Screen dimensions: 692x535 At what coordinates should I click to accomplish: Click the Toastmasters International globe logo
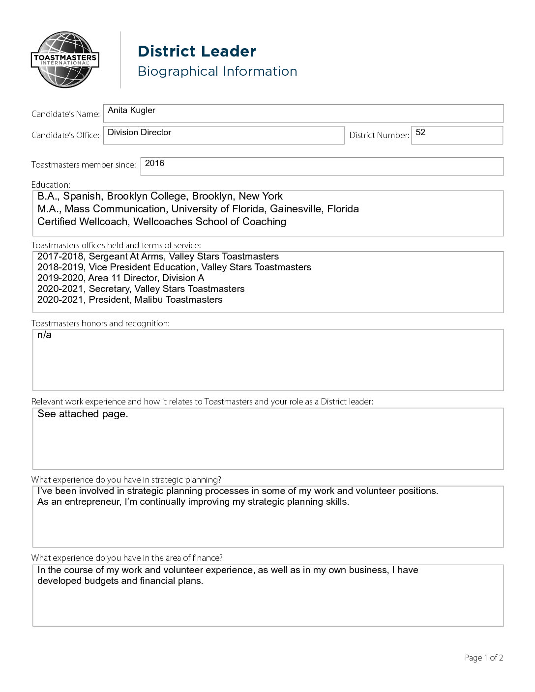(x=65, y=60)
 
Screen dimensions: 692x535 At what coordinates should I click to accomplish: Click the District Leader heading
(x=197, y=51)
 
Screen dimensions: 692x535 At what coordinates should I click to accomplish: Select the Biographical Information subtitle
(x=217, y=71)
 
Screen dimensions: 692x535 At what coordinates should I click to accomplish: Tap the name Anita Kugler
(x=131, y=110)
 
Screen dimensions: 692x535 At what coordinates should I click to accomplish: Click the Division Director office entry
(x=139, y=132)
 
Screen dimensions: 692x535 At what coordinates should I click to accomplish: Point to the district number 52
(x=420, y=132)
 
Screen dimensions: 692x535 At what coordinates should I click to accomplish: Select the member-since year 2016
(x=154, y=163)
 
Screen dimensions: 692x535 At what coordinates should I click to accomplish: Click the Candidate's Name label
(x=65, y=114)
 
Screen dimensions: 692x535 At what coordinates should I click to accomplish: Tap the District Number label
(x=379, y=135)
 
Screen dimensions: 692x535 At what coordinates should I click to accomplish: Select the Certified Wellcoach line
(x=161, y=222)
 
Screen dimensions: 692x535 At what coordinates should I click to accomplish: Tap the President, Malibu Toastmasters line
(x=155, y=300)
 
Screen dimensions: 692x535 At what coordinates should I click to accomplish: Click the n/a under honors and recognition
(x=44, y=335)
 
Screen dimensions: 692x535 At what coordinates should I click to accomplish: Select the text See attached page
(x=83, y=414)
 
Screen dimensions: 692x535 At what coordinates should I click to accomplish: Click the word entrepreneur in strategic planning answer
(x=93, y=502)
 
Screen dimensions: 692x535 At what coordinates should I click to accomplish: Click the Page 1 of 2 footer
(x=483, y=658)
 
